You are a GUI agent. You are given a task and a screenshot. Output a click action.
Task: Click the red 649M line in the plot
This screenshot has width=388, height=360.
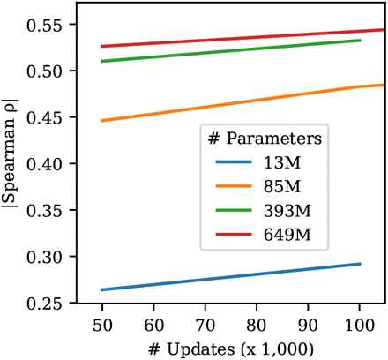[x=242, y=38]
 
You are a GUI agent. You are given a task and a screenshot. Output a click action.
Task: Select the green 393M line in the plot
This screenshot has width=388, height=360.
[x=231, y=50]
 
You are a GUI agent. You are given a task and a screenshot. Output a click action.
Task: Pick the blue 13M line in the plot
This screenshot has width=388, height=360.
[x=231, y=277]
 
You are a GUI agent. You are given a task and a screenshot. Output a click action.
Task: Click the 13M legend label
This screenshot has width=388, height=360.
[x=282, y=162]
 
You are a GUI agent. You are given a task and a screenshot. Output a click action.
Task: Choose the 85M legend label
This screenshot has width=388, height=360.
[x=282, y=186]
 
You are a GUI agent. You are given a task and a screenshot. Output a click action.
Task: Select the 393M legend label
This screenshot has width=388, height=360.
[x=287, y=211]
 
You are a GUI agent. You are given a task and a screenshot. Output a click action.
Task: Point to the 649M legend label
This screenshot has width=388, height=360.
[x=287, y=235]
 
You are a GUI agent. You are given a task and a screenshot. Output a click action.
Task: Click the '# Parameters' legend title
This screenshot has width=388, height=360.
[x=265, y=138]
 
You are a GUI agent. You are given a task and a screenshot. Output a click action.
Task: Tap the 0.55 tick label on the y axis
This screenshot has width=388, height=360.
[x=44, y=26]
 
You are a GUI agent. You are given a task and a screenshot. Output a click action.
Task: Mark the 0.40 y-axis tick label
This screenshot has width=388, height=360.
[x=44, y=165]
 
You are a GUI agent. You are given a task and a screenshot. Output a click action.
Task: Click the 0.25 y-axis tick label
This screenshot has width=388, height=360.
[x=44, y=304]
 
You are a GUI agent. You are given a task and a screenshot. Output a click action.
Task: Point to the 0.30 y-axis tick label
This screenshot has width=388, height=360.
[x=44, y=258]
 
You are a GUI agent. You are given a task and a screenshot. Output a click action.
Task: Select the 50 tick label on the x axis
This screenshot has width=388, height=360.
[x=102, y=326]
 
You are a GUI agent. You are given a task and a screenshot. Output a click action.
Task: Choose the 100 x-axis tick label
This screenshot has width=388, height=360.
[x=360, y=326]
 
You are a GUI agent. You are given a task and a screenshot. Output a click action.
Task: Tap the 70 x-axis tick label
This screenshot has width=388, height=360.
[x=205, y=326]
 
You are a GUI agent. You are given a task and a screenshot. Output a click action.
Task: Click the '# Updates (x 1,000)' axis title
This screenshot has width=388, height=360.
[x=231, y=349]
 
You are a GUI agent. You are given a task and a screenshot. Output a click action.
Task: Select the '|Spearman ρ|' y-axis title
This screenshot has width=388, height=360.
[x=10, y=153]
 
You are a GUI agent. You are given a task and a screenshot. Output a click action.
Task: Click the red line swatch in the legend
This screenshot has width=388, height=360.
[x=234, y=235]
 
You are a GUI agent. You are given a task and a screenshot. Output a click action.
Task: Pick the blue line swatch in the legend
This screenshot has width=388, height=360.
[x=234, y=162]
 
